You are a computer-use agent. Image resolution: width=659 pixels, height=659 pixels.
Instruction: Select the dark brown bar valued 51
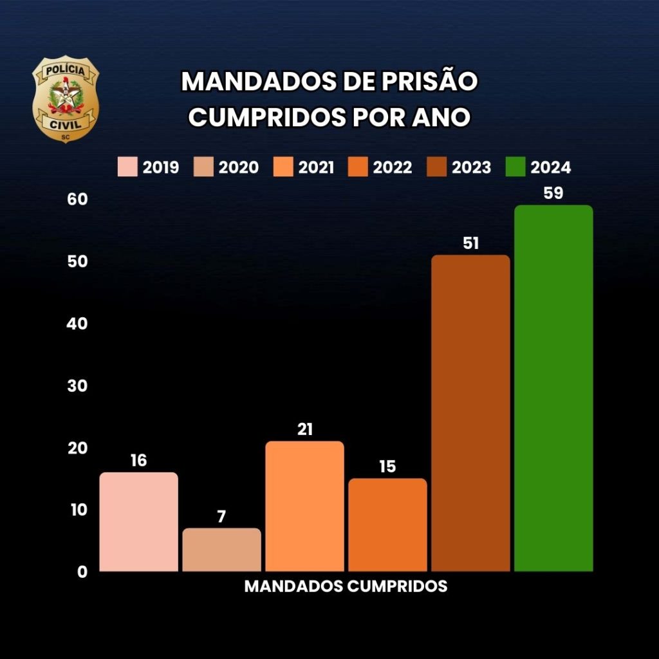pos(470,413)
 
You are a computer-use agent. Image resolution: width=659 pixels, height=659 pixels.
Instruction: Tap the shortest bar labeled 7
pos(222,550)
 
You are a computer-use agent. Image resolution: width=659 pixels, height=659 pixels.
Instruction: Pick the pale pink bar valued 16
pos(139,521)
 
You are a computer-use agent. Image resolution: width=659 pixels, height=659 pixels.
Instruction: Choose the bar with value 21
pos(304,506)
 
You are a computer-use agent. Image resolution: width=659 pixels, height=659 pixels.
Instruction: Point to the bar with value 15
pos(387,524)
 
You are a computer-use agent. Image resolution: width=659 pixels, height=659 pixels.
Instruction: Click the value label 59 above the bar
pos(553,193)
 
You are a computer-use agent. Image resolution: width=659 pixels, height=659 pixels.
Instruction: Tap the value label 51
pos(470,243)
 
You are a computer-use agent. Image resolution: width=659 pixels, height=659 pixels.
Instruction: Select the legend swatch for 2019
pos(127,167)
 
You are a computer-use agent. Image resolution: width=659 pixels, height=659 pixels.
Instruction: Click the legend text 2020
pos(239,168)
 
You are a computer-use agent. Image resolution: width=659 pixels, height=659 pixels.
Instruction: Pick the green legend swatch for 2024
pos(515,167)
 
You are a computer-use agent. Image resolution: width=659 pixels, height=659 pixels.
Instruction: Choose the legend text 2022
pos(393,168)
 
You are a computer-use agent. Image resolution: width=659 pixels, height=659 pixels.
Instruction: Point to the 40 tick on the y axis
pos(77,324)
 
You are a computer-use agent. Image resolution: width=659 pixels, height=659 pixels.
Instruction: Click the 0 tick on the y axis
pos(82,571)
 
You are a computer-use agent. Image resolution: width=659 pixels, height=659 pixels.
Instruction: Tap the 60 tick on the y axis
pos(77,200)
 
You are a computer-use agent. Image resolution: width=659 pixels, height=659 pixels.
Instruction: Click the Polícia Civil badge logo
pos(66,100)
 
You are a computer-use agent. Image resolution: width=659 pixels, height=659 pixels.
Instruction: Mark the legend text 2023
pos(471,168)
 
